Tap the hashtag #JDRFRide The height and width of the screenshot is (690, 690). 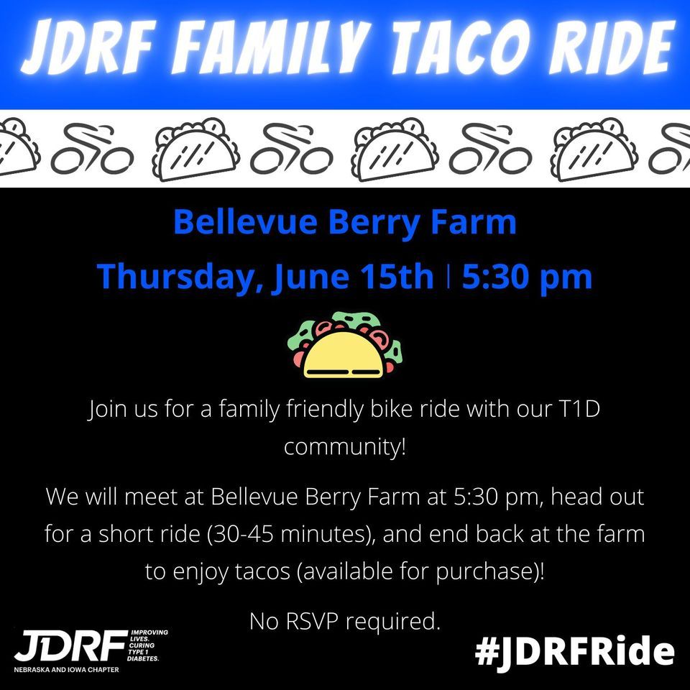(x=575, y=652)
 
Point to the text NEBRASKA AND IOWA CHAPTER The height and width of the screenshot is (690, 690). (x=66, y=669)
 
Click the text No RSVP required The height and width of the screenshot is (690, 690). (x=344, y=621)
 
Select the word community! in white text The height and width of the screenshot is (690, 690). (x=345, y=446)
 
